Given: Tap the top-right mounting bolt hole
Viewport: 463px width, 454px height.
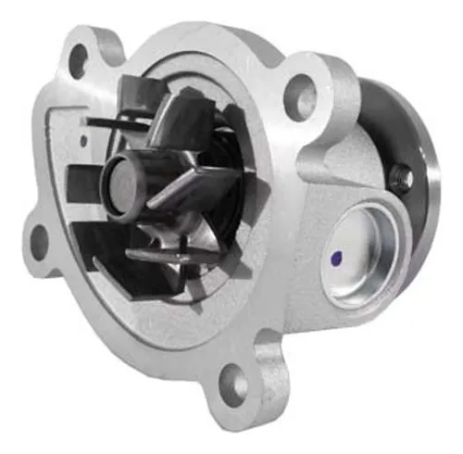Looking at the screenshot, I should pyautogui.click(x=298, y=91).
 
